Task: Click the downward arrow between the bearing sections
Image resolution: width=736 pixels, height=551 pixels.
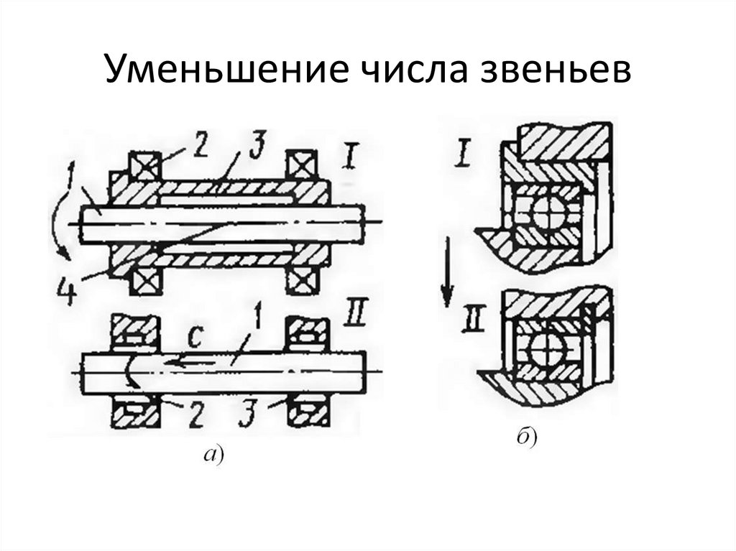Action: coord(447,273)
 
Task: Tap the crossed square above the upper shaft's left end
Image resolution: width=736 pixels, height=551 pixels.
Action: coord(142,166)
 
